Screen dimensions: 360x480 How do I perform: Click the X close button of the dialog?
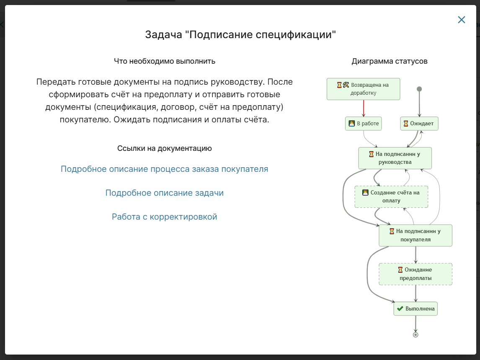(x=461, y=20)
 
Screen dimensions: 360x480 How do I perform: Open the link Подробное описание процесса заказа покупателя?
(x=164, y=169)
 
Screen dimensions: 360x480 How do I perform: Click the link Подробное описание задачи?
(x=164, y=193)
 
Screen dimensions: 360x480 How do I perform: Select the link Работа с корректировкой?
(x=164, y=217)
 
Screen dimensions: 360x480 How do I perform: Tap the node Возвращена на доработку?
(x=363, y=89)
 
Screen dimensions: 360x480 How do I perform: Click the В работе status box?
(x=363, y=124)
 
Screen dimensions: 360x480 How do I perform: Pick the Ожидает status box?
(x=419, y=124)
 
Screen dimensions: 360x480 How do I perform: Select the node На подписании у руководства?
(x=395, y=158)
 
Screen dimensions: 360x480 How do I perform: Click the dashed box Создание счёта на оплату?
(x=391, y=197)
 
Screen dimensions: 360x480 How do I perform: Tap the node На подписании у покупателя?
(x=415, y=236)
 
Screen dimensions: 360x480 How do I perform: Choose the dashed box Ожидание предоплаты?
(x=415, y=274)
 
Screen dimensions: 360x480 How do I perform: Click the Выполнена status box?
(x=415, y=309)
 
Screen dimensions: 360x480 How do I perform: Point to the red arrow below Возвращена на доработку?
(x=363, y=108)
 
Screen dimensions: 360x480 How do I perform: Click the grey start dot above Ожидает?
(x=419, y=89)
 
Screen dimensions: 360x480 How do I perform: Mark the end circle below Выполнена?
(x=415, y=335)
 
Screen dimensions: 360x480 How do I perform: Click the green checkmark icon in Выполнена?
(x=400, y=309)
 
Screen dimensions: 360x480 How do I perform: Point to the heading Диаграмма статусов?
(x=390, y=61)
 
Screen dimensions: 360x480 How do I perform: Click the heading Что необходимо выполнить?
(x=165, y=61)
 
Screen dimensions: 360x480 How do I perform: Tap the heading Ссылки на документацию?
(x=165, y=148)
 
